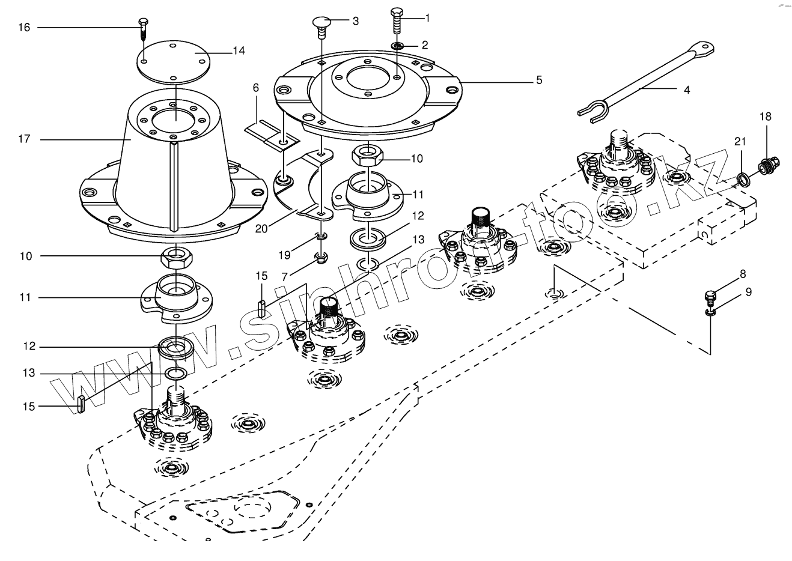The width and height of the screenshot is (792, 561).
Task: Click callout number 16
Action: pyautogui.click(x=24, y=28)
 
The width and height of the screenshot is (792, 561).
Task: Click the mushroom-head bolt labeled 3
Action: pyautogui.click(x=322, y=24)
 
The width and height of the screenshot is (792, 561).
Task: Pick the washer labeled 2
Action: pyautogui.click(x=398, y=46)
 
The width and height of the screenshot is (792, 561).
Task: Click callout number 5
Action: pyautogui.click(x=539, y=80)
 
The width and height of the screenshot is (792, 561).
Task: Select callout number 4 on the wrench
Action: pyautogui.click(x=686, y=90)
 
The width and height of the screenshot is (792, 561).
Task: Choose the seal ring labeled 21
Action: pyautogui.click(x=743, y=178)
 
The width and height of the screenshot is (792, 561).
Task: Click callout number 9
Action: pyautogui.click(x=748, y=293)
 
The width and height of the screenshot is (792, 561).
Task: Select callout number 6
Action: pyautogui.click(x=256, y=88)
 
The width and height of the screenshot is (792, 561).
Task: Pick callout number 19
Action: pyautogui.click(x=284, y=255)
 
